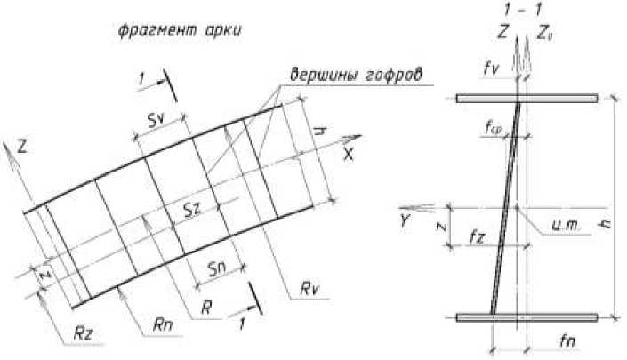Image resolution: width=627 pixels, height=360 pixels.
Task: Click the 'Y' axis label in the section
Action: pos(406,220)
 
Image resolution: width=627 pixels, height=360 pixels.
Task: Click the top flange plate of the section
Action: pos(525,98)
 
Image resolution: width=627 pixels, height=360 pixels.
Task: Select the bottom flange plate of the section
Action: pos(525,316)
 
